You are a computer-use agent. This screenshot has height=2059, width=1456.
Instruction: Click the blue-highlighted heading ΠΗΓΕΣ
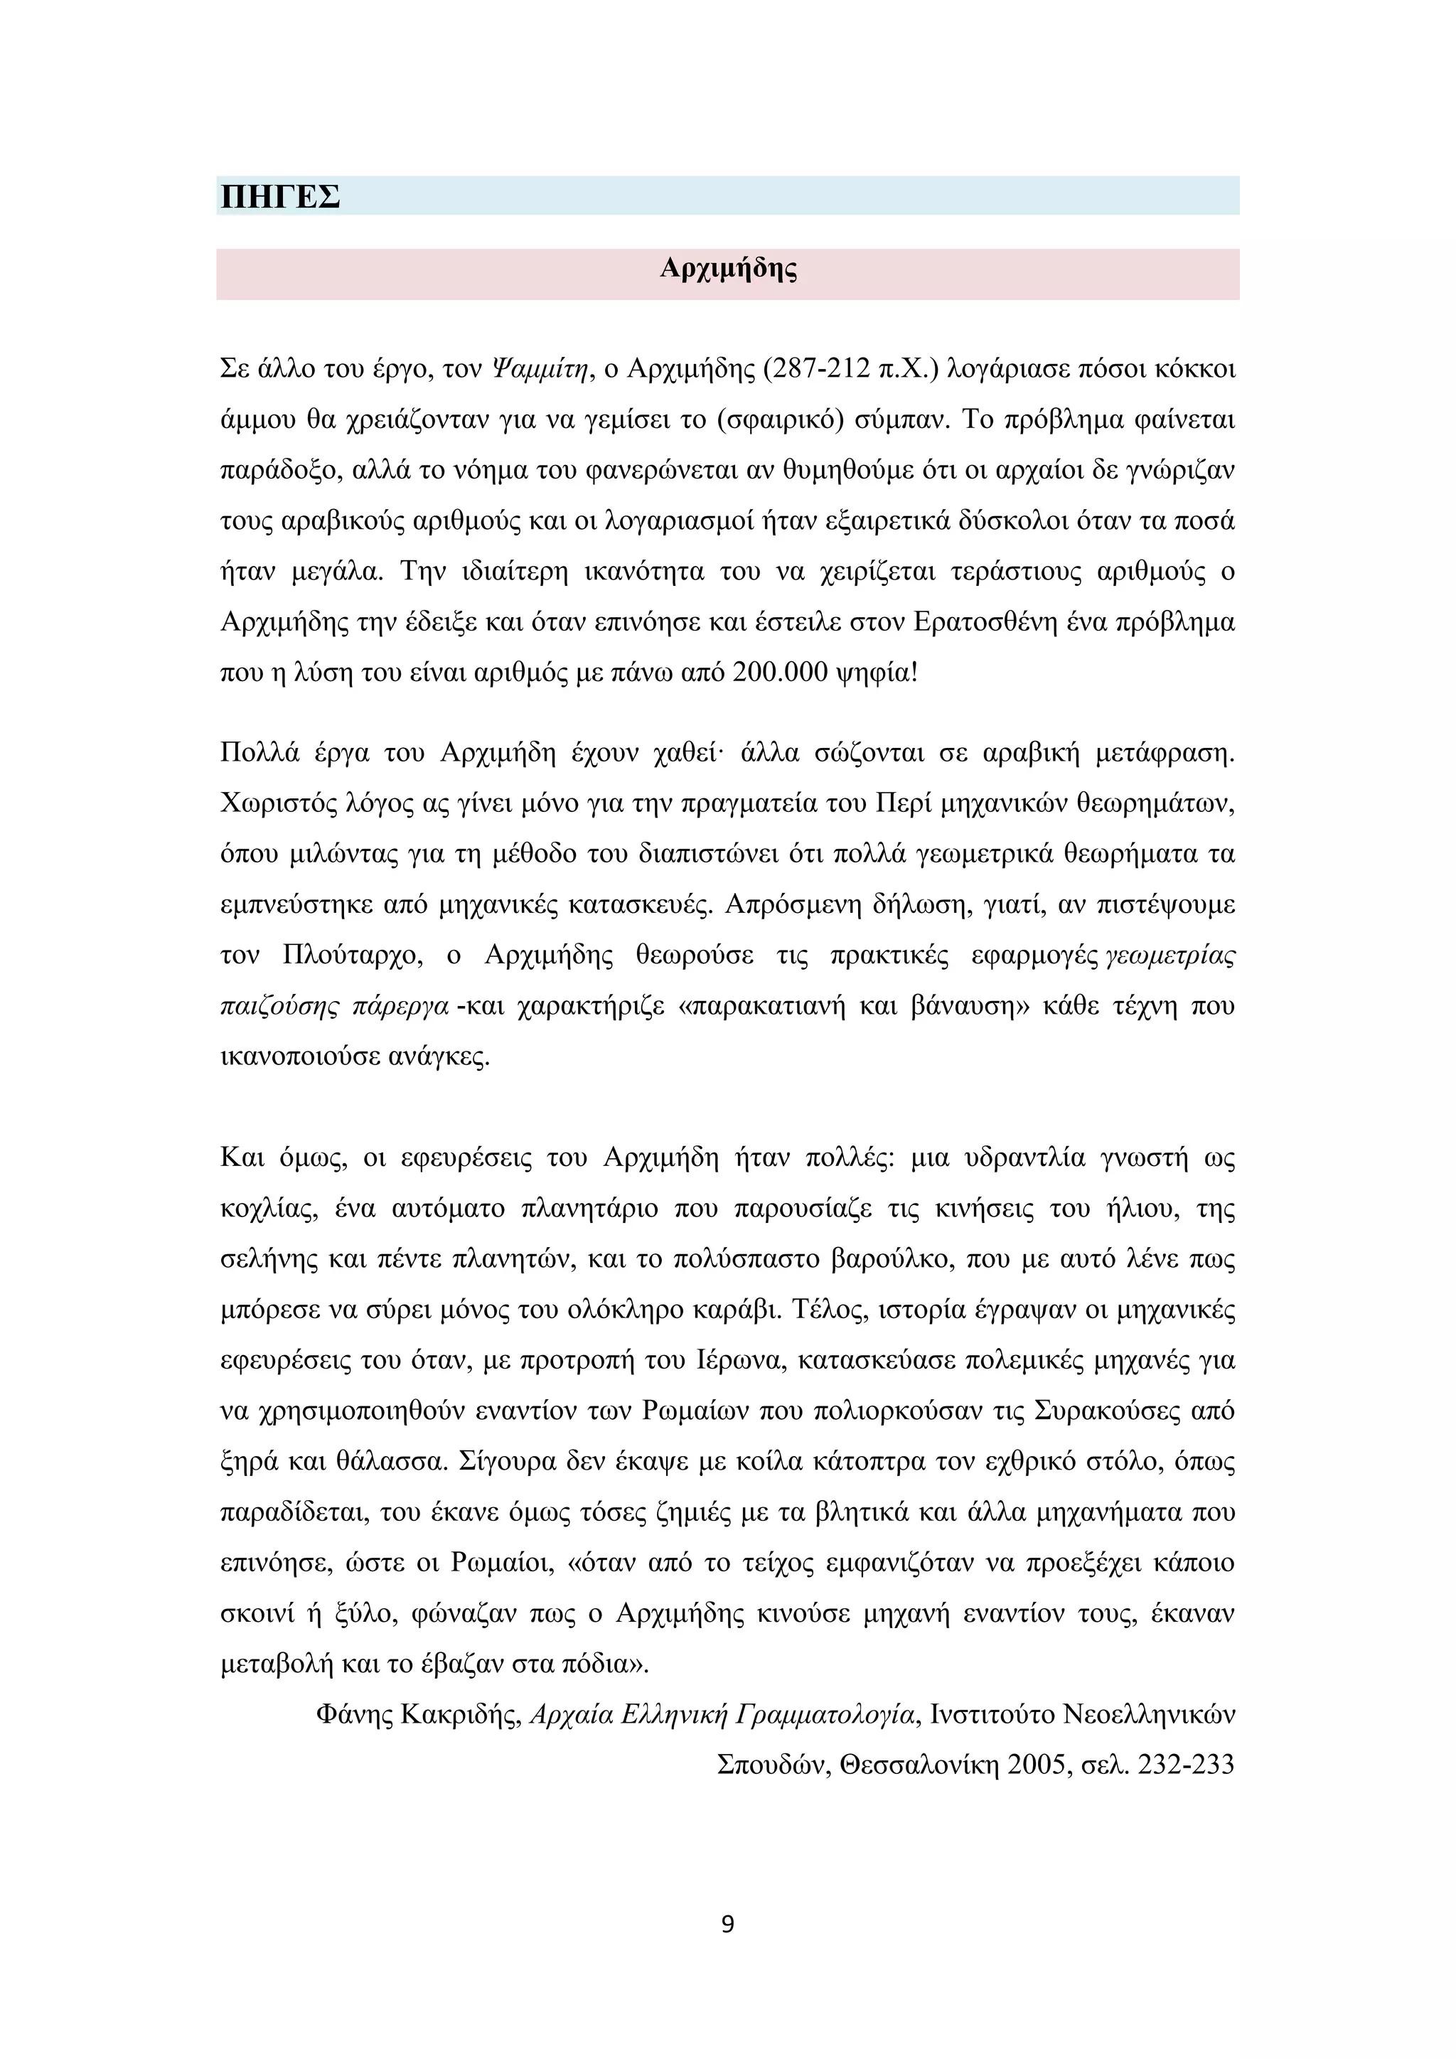coord(279,196)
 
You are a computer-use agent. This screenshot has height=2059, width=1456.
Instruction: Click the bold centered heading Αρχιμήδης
coord(727,269)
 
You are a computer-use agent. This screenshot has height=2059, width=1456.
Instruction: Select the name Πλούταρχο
coord(350,955)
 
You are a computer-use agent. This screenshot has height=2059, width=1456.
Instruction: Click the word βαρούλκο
coord(889,1259)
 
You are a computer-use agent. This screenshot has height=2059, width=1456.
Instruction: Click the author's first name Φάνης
coord(354,1715)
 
